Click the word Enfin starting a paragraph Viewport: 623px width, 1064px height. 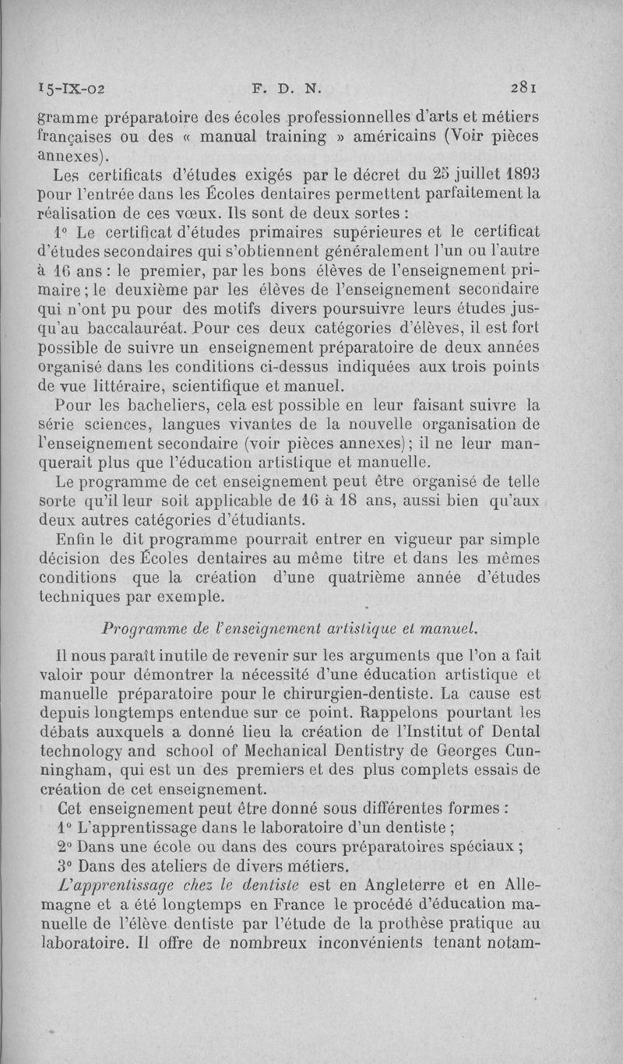tap(76, 539)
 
